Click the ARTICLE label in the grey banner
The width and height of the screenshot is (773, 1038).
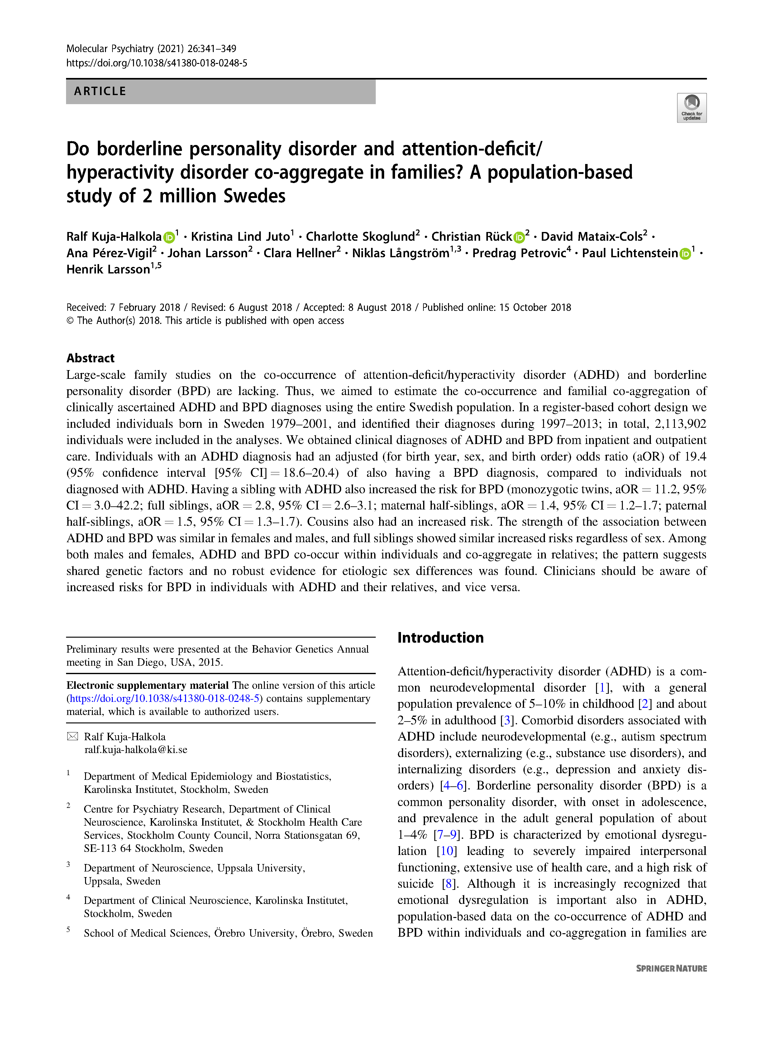(x=100, y=91)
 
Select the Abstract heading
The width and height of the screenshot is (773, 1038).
(x=90, y=358)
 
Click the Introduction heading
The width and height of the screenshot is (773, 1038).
(x=440, y=638)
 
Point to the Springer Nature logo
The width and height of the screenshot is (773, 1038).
(x=671, y=968)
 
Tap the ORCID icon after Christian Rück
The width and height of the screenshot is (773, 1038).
(x=519, y=237)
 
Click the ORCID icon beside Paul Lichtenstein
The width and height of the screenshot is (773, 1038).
(x=685, y=254)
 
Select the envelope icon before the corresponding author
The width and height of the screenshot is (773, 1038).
(x=73, y=736)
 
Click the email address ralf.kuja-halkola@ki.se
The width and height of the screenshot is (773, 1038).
(x=136, y=750)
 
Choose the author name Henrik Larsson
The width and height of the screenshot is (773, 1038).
(x=108, y=270)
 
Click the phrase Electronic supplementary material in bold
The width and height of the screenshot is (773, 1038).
(x=147, y=685)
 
